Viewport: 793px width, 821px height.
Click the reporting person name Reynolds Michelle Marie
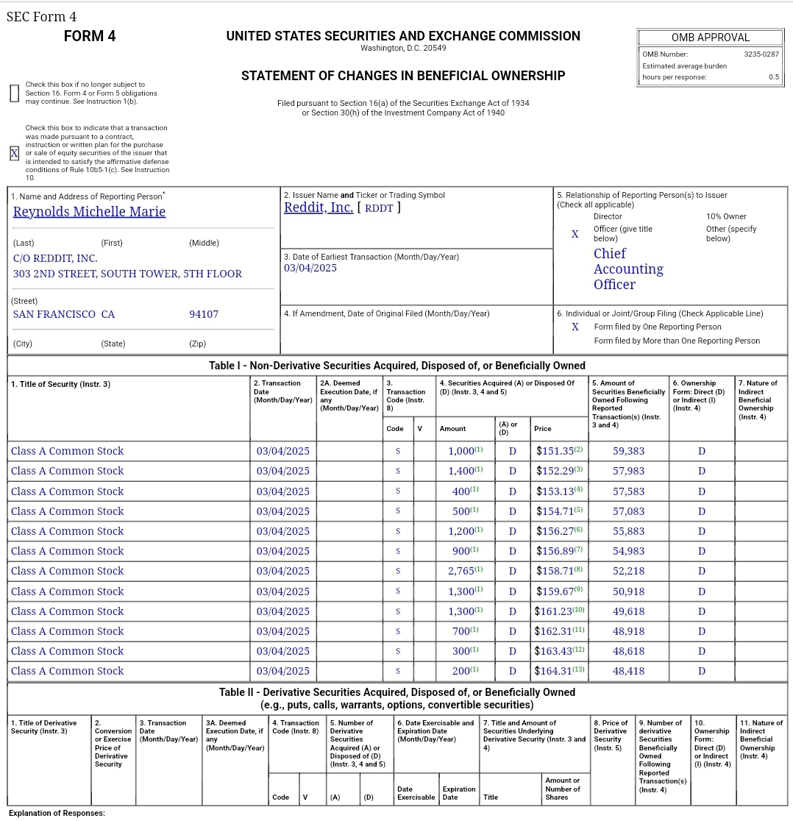[89, 212]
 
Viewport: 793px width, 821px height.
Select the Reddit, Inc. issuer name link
[319, 207]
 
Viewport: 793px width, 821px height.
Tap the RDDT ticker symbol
[379, 207]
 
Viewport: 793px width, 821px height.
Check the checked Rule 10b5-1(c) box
[14, 153]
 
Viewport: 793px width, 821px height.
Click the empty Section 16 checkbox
[14, 93]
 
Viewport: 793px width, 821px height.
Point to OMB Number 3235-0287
[761, 54]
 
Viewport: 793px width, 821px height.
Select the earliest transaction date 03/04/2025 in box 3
[310, 268]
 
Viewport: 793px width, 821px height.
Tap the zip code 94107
[204, 314]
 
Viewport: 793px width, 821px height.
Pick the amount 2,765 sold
[461, 571]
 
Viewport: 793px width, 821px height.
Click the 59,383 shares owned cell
[628, 451]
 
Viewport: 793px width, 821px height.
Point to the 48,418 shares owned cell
[628, 671]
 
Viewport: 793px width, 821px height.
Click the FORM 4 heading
[90, 36]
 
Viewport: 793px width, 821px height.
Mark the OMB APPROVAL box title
[710, 38]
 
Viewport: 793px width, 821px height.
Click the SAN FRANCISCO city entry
[54, 314]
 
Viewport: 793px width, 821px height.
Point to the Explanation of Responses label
[57, 813]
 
